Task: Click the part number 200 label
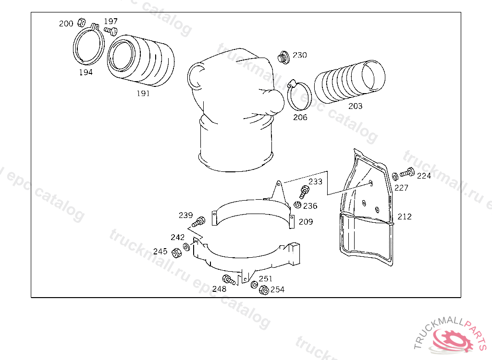tap(66, 24)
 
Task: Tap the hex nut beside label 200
tap(82, 22)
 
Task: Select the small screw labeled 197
tap(111, 31)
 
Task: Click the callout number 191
tap(143, 93)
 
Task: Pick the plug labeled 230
tap(283, 58)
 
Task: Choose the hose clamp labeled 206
tap(299, 96)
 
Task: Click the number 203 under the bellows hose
tap(355, 106)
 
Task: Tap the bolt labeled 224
tap(407, 172)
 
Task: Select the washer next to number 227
tap(395, 177)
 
